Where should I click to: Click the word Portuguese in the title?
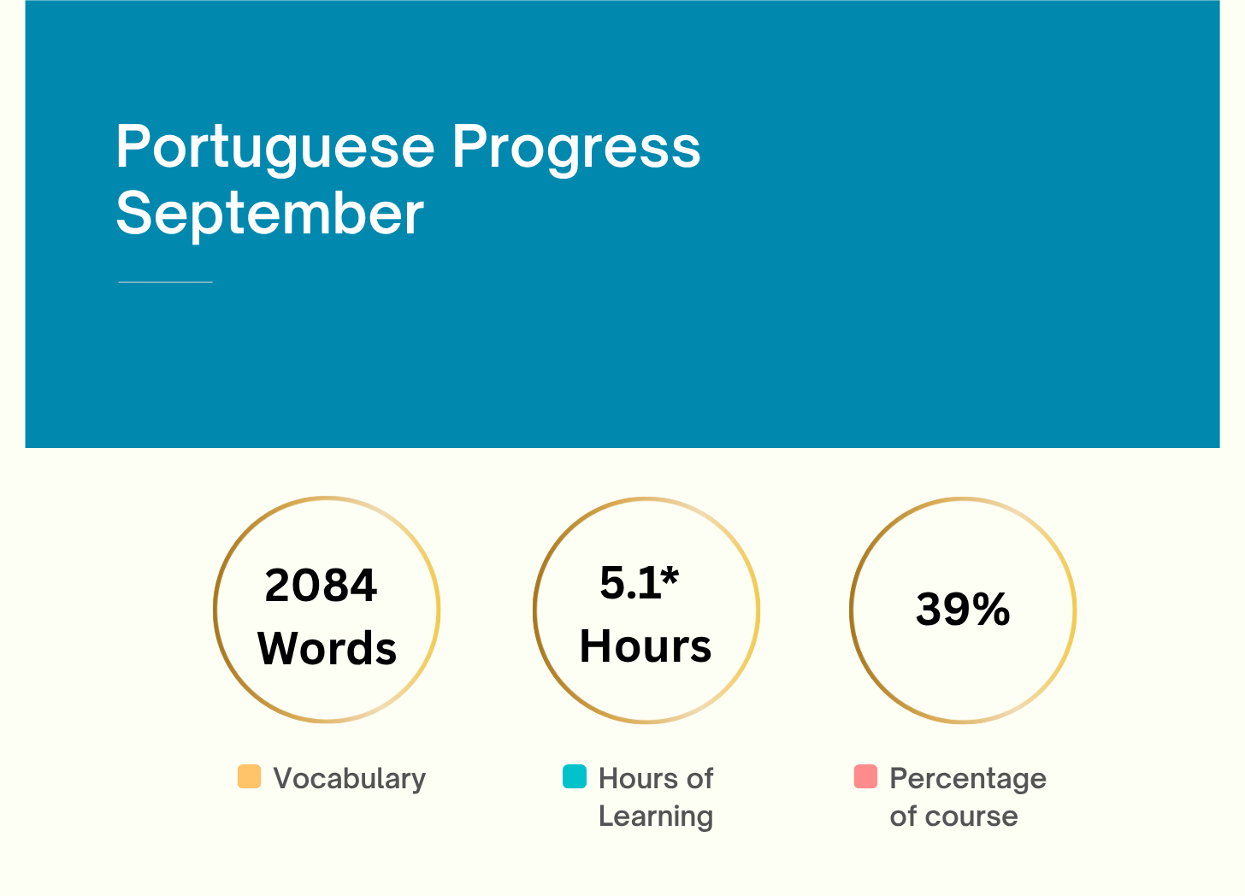[x=275, y=148]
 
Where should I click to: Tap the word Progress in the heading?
[x=575, y=148]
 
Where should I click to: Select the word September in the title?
[x=269, y=214]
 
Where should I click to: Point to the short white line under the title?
[x=165, y=281]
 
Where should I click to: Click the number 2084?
[x=321, y=586]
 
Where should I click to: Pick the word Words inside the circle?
[x=327, y=649]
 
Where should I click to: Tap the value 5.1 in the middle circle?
[x=629, y=583]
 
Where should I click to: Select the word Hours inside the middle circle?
[x=645, y=646]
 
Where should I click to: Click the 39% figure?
[x=963, y=610]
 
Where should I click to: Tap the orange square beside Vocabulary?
[x=249, y=776]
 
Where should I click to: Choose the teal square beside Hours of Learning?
[x=575, y=776]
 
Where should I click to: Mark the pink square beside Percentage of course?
[x=865, y=776]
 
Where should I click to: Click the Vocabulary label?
[x=349, y=779]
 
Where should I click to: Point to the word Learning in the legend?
[x=655, y=816]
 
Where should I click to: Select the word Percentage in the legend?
[x=967, y=779]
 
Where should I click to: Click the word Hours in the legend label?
[x=638, y=779]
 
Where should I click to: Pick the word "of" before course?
[x=902, y=816]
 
